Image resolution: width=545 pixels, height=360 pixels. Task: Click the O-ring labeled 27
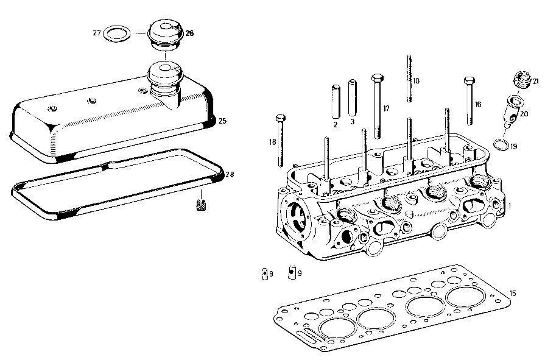coord(116,33)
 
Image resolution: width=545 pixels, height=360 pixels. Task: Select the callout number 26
coord(189,34)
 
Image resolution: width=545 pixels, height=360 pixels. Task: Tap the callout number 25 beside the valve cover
coord(222,121)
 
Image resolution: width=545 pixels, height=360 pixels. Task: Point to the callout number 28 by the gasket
coord(230,175)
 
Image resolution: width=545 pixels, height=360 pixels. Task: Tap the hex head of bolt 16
coord(468,81)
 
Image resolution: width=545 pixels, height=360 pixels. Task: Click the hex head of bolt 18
coord(280,117)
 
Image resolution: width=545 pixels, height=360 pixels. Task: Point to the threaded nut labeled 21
coord(520,79)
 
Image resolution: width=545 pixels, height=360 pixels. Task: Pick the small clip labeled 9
coord(292,272)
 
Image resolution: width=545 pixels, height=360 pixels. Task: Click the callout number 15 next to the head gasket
coord(513,294)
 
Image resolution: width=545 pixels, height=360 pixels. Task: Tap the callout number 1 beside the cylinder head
coord(510,206)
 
